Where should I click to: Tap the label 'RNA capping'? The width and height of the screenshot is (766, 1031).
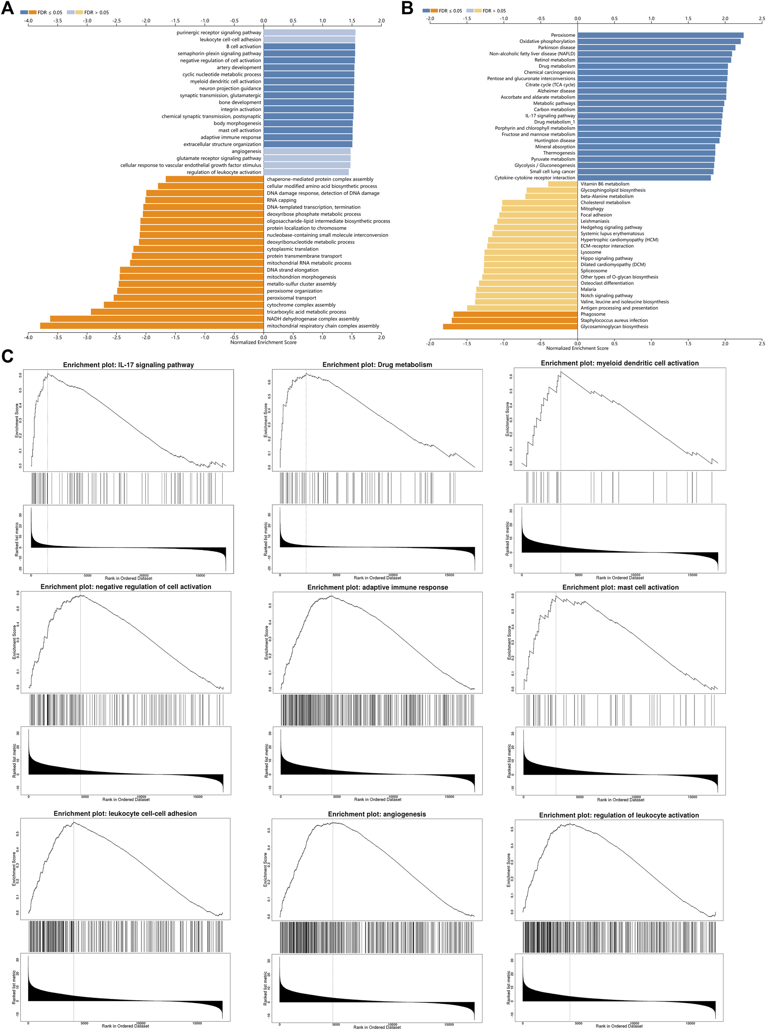[x=281, y=200]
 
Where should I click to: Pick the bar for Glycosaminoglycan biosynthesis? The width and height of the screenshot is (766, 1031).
[x=510, y=327]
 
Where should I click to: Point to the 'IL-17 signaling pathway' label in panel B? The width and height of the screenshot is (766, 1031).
[x=550, y=116]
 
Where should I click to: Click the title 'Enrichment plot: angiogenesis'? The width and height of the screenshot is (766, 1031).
[x=376, y=814]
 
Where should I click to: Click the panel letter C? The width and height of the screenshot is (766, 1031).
[x=7, y=356]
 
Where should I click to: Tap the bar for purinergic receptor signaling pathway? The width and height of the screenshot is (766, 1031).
[x=309, y=32]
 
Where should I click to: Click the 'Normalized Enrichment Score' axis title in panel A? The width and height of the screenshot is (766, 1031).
[x=263, y=342]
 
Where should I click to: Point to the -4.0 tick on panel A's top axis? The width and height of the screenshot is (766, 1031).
[x=28, y=21]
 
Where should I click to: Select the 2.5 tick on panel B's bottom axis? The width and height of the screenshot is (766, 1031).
[x=762, y=343]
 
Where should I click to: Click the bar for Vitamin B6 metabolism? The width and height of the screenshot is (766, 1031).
[x=563, y=184]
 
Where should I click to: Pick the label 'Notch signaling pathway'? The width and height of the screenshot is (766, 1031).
[x=606, y=296]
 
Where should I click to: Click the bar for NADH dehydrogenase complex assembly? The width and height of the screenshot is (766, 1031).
[x=156, y=319]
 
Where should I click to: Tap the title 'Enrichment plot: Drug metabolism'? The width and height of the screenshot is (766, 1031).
[x=377, y=365]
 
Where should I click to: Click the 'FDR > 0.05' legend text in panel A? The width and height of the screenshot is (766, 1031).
[x=96, y=13]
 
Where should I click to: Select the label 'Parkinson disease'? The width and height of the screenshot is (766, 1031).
[x=556, y=48]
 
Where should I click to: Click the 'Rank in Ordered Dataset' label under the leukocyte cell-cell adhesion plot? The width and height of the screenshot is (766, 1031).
[x=125, y=1026]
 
